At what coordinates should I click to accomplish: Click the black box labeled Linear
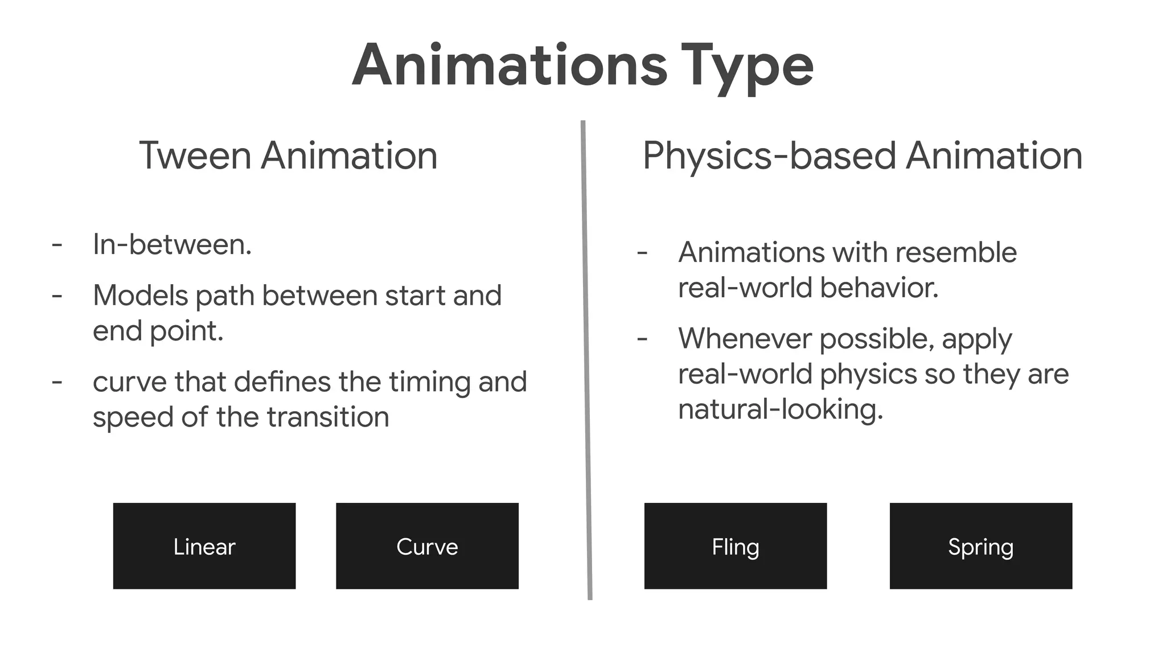click(x=204, y=546)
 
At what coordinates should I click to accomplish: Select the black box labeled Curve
click(x=427, y=546)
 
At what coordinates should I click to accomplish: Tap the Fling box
click(x=735, y=546)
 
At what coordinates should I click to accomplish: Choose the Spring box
click(x=980, y=546)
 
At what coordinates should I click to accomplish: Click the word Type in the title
click(x=747, y=66)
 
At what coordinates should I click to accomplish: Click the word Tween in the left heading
click(x=195, y=155)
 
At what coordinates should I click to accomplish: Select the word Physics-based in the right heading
click(x=769, y=157)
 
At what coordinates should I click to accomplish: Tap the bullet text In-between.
click(x=172, y=245)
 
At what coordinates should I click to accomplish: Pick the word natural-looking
click(x=780, y=409)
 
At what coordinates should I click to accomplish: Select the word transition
click(x=328, y=417)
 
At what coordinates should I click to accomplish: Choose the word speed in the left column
click(x=133, y=418)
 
